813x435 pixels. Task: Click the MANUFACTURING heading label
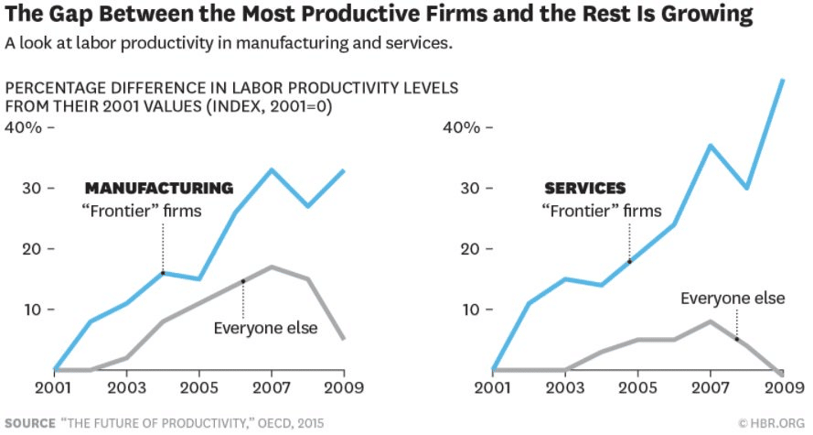click(159, 189)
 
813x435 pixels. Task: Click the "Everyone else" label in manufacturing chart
click(265, 328)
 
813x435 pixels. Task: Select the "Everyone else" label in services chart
click(732, 298)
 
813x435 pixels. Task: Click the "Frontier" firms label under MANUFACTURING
click(142, 212)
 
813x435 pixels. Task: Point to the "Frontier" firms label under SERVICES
click(601, 212)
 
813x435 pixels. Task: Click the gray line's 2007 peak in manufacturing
click(271, 266)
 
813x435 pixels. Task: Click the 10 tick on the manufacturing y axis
click(32, 310)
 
